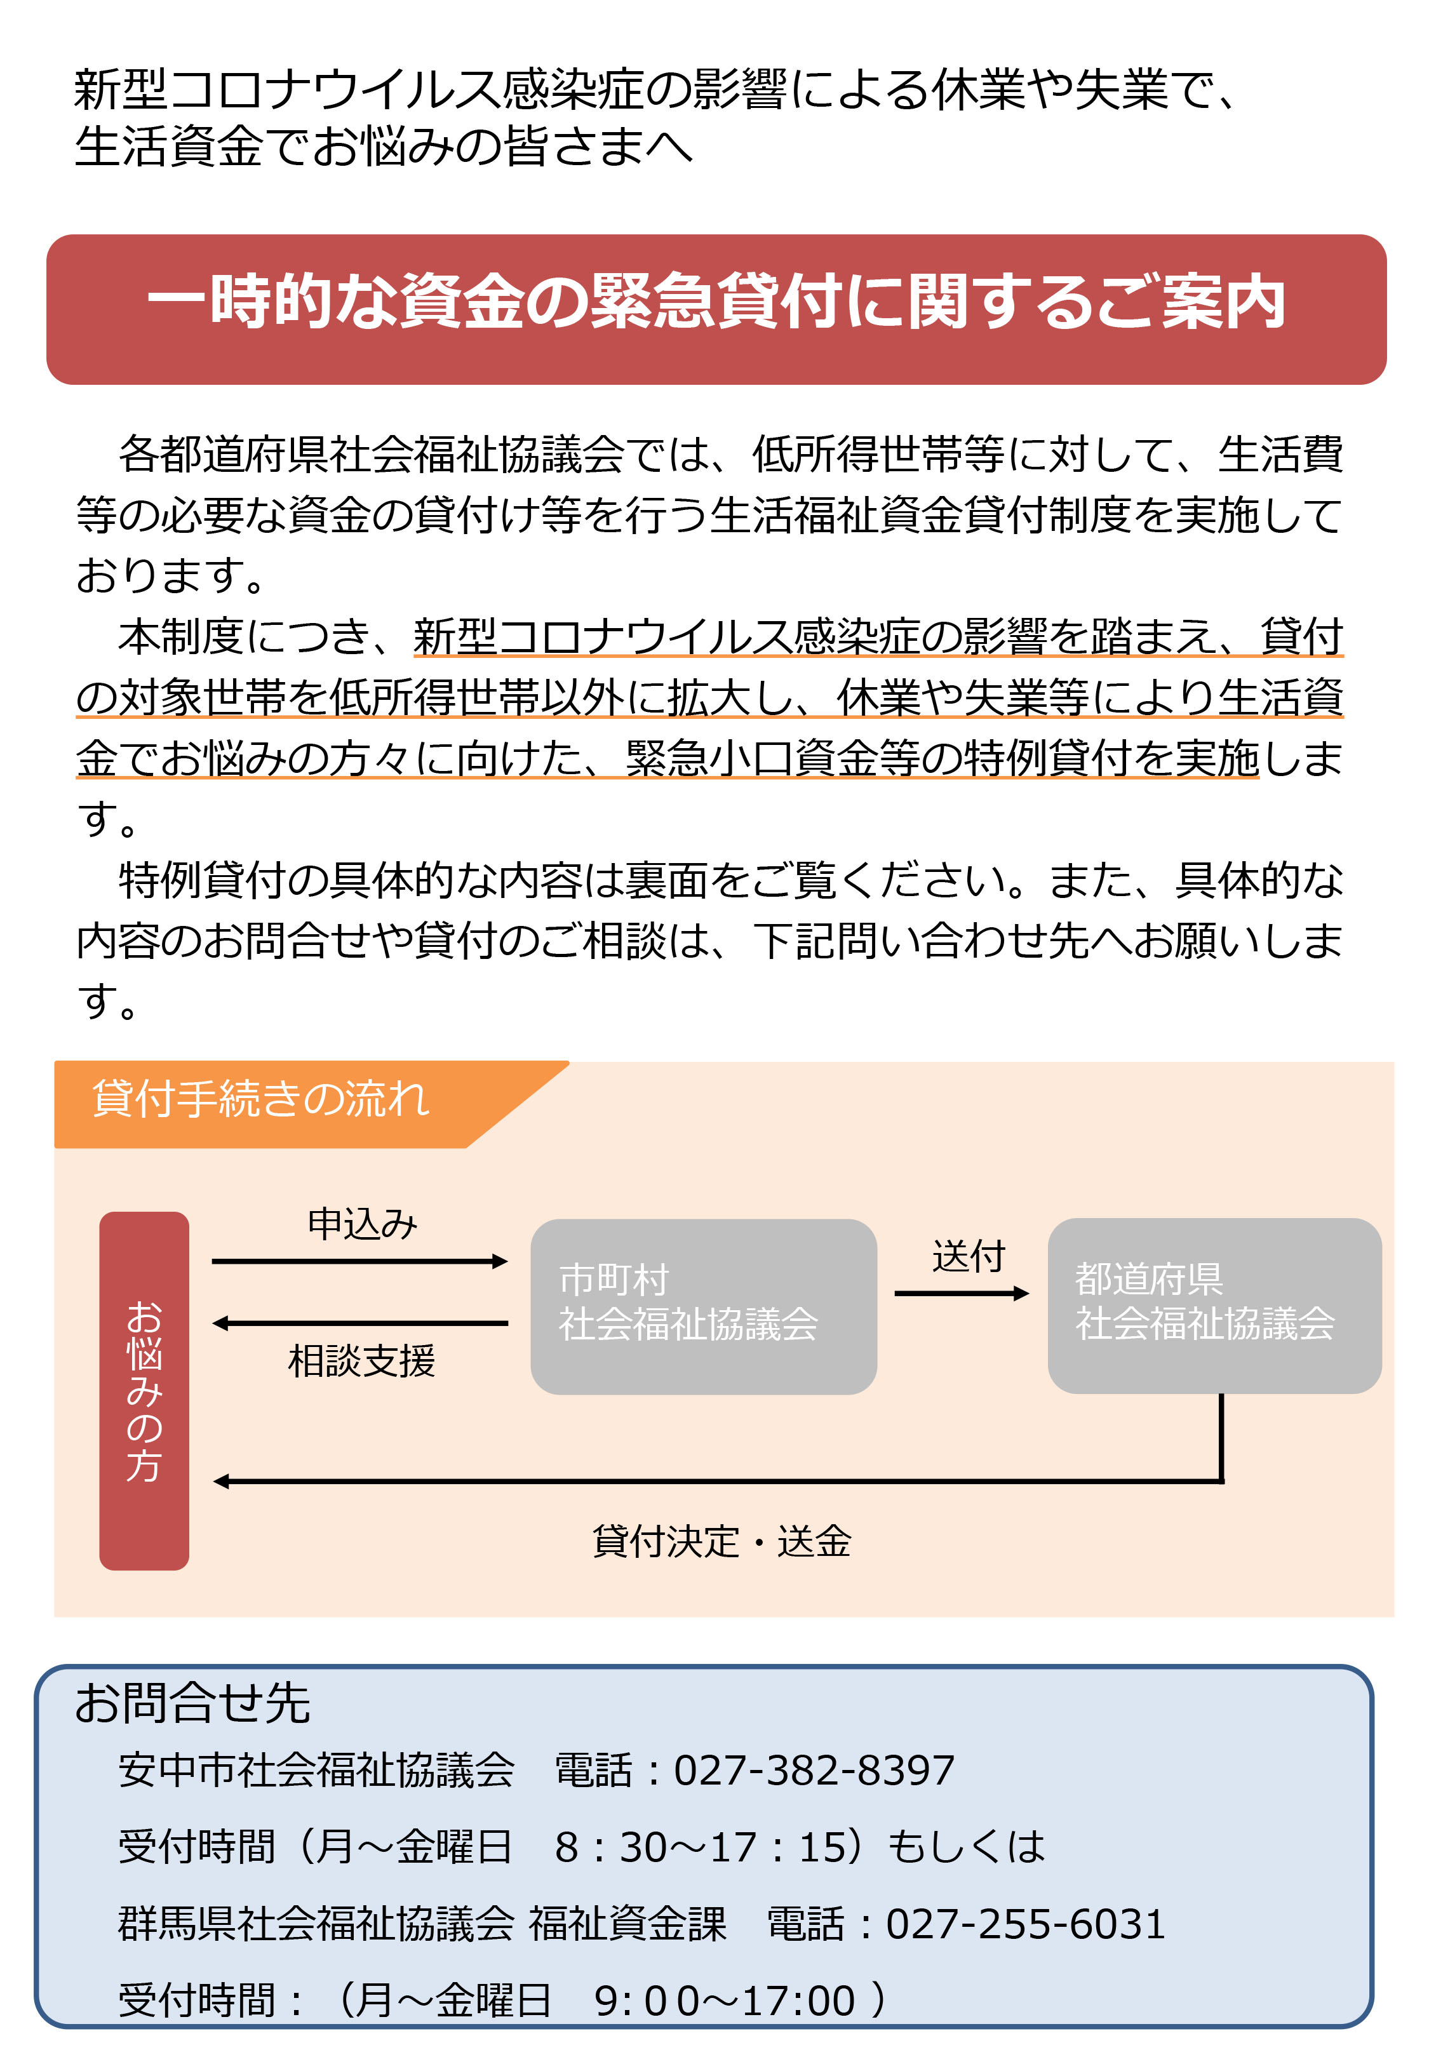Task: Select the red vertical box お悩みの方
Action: coord(144,1390)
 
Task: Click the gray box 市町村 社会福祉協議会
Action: coord(704,1306)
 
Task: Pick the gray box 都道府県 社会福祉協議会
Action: coord(1214,1305)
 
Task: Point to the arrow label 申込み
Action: coord(363,1224)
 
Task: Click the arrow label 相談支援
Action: coord(362,1360)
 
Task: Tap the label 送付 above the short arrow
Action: coord(969,1256)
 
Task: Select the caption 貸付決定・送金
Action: coord(721,1541)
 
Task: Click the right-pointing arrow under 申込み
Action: coord(360,1261)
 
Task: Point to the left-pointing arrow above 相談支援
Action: coord(360,1323)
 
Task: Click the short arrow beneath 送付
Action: coord(962,1294)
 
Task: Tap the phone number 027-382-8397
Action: coord(814,1769)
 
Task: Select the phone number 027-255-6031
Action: coord(1026,1924)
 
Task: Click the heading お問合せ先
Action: coord(192,1703)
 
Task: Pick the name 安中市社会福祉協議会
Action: coord(317,1769)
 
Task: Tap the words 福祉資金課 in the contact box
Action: coord(627,1924)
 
